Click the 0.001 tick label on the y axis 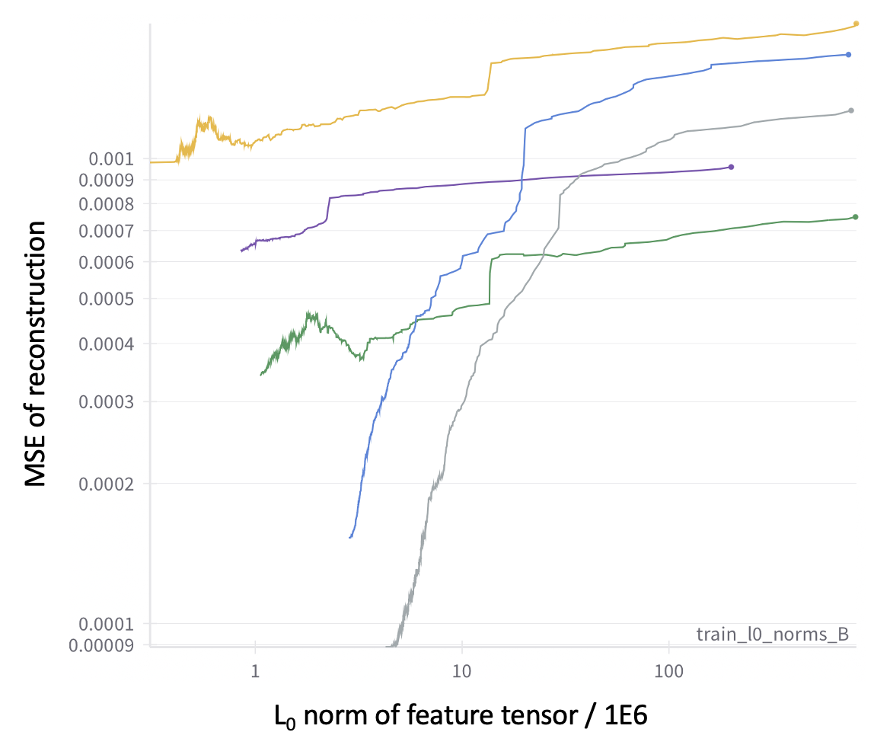pos(111,159)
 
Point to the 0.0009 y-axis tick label pos(107,181)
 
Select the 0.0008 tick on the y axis pos(107,204)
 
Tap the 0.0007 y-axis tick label pos(107,230)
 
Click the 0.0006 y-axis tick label pos(107,262)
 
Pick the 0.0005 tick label pos(107,299)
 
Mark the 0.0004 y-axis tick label pos(107,344)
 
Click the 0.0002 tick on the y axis pos(107,484)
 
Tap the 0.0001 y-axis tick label pos(107,624)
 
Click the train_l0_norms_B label pos(772,634)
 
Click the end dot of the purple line pos(731,167)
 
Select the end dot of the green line pos(856,217)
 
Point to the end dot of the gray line pos(851,110)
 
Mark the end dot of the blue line pos(848,55)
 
